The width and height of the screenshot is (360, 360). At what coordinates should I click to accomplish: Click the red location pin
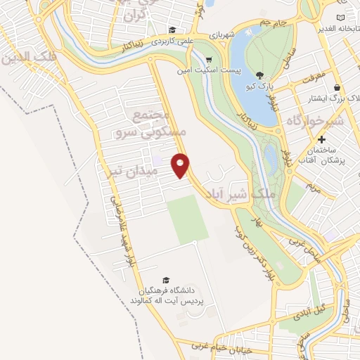tap(181, 165)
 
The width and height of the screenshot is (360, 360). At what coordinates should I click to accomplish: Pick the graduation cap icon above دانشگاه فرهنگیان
tap(166, 280)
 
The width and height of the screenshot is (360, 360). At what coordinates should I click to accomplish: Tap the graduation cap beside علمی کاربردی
tap(172, 30)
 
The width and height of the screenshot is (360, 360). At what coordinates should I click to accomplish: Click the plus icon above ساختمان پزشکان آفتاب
tap(322, 140)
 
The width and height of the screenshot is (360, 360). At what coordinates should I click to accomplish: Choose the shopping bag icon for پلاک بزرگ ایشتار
tap(337, 88)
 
